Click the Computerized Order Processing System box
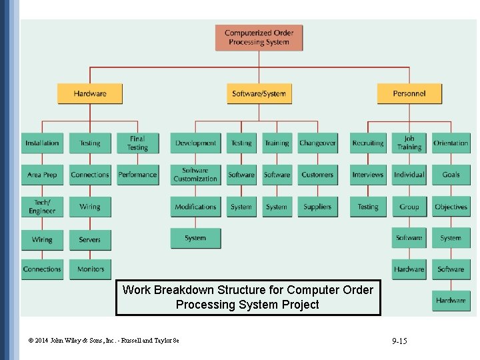click(x=258, y=38)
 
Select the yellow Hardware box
click(x=90, y=93)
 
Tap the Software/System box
click(x=259, y=93)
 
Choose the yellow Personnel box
click(x=409, y=93)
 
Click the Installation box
click(x=42, y=143)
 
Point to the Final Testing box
click(x=137, y=143)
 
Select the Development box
click(x=195, y=143)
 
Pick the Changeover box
click(x=317, y=143)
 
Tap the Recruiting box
click(x=368, y=143)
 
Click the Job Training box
click(x=409, y=143)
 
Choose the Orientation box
click(x=451, y=143)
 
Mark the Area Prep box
click(x=42, y=175)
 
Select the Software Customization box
click(x=195, y=175)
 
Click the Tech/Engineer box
click(x=42, y=207)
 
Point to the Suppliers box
click(x=317, y=207)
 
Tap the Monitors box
click(x=90, y=269)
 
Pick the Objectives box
click(x=451, y=207)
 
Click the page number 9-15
click(x=399, y=341)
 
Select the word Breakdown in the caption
click(x=184, y=290)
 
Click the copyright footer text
click(x=103, y=341)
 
